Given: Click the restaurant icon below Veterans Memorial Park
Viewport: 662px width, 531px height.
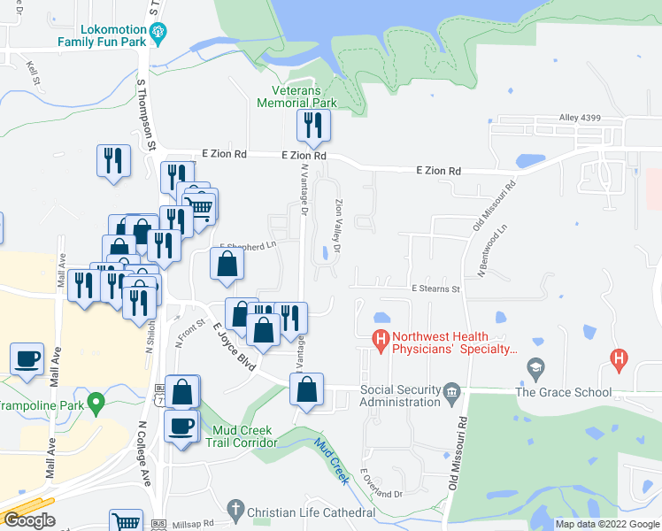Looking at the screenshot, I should [313, 126].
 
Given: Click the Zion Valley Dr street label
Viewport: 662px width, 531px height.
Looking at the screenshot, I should [338, 224].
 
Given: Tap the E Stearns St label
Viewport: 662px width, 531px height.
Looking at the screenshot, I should [435, 289].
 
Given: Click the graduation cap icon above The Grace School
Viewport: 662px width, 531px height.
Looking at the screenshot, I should [535, 367].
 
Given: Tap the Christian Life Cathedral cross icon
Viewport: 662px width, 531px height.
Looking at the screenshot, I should [235, 509].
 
